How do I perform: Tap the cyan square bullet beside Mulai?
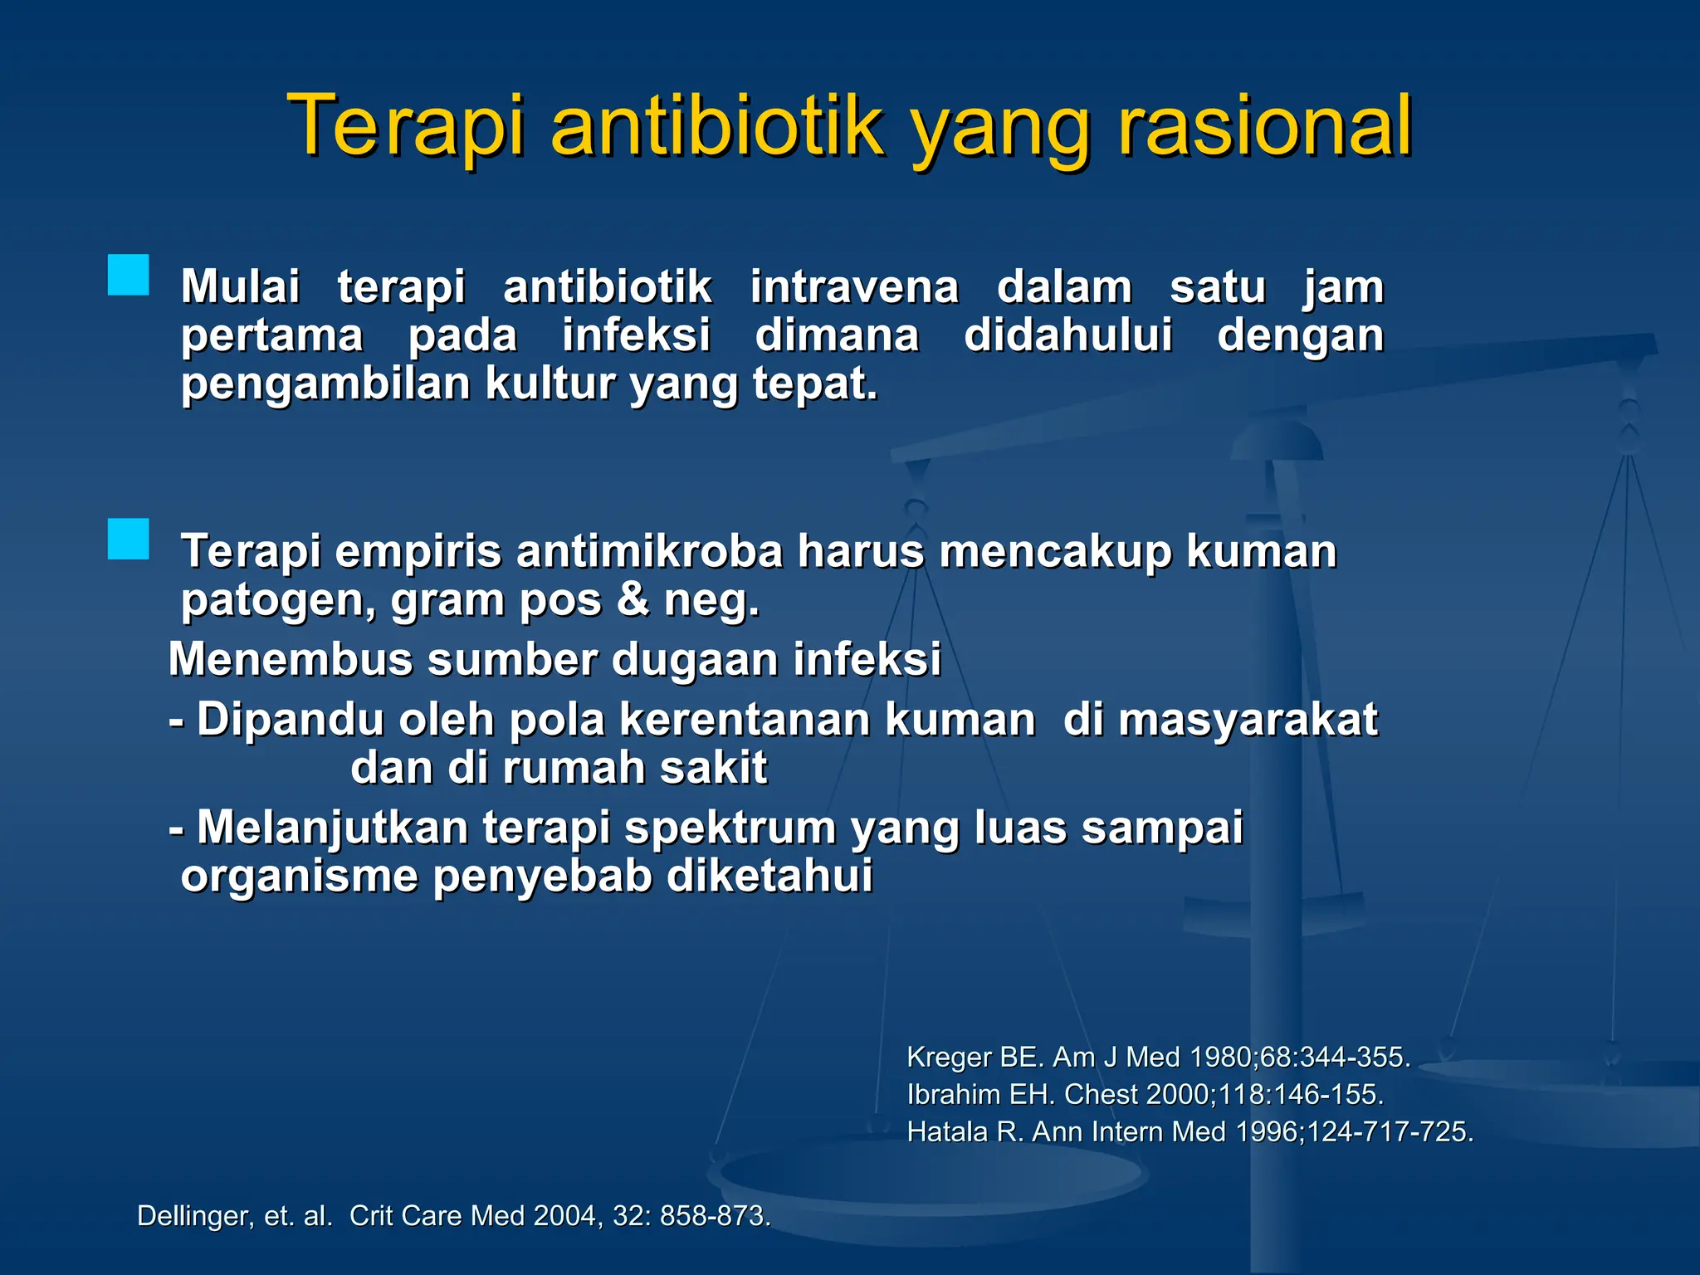[x=129, y=276]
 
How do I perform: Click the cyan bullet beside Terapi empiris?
[x=129, y=540]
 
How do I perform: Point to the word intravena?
[x=854, y=287]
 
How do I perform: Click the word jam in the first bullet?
[x=1343, y=289]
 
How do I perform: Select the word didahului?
[x=1068, y=335]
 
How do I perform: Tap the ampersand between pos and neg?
[x=633, y=599]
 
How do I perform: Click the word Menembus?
[x=291, y=660]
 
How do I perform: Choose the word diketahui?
[x=769, y=877]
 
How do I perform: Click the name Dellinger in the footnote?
[x=192, y=1216]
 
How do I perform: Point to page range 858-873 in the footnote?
[x=715, y=1216]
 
